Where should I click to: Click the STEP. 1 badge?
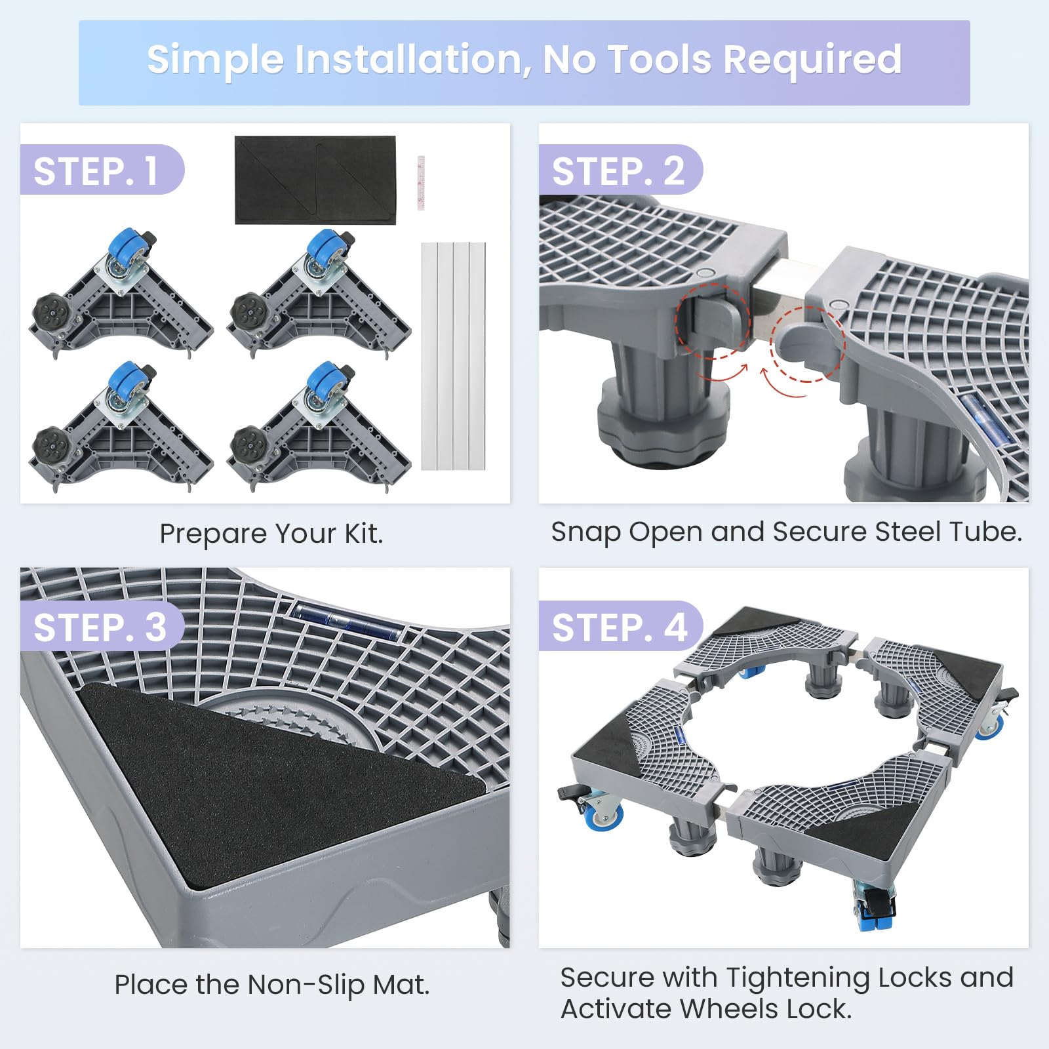click(102, 170)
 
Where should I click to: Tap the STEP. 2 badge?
click(620, 170)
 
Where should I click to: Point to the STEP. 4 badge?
click(620, 626)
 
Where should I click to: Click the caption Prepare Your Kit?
click(271, 534)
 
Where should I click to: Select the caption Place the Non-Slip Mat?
click(272, 985)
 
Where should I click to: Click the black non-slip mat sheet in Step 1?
click(315, 180)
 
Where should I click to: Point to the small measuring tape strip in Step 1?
click(422, 183)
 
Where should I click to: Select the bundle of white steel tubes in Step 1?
click(453, 356)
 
